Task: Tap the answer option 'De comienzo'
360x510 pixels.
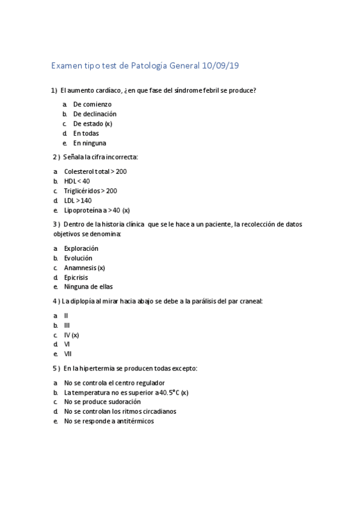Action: [92, 104]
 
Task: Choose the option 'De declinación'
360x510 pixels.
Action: [94, 114]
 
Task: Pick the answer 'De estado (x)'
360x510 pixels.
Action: [93, 123]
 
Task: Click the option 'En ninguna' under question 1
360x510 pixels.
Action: [89, 143]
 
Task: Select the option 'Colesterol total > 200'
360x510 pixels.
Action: [95, 171]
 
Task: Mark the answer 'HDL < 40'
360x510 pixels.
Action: [77, 181]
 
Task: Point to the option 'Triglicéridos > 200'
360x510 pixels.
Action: [90, 191]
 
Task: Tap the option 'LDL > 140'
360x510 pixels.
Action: [78, 200]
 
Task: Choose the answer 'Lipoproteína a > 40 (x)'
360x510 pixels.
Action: [97, 210]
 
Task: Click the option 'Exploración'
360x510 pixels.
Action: [81, 248]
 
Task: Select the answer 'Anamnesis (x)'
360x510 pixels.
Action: [84, 268]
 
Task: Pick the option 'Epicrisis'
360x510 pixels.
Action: [76, 277]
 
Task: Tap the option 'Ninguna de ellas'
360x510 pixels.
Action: [88, 287]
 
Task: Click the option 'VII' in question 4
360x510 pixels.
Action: [67, 354]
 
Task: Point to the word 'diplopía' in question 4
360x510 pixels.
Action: [84, 301]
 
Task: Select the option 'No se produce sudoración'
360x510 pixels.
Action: [102, 402]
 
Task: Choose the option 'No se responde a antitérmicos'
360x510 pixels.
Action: [109, 421]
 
